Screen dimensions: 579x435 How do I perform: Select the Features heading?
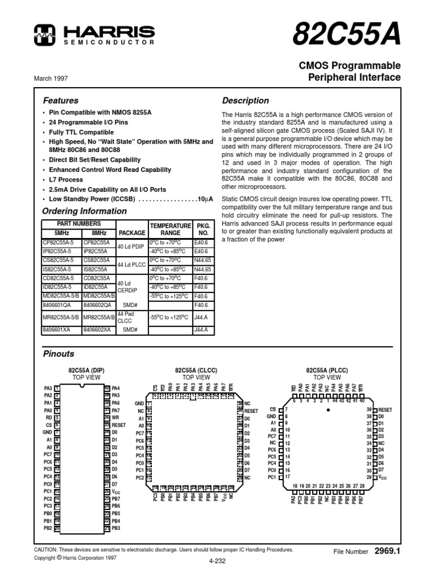pos(61,101)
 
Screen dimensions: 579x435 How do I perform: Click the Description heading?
pos(245,101)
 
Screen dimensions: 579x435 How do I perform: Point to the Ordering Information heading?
pos(85,211)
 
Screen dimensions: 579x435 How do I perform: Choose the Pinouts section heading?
pos(59,354)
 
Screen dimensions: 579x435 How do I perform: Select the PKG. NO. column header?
pos(202,228)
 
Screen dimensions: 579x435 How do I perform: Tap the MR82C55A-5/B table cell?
pos(61,317)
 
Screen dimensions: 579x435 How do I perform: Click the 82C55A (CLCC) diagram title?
pos(196,371)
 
